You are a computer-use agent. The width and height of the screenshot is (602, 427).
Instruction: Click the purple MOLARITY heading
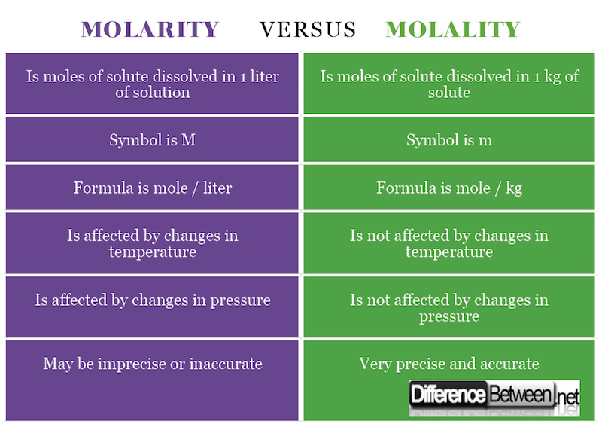(x=150, y=29)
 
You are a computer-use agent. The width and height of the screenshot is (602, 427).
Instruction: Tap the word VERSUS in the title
(x=308, y=29)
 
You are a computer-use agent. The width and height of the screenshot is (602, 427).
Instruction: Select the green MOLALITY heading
(x=453, y=29)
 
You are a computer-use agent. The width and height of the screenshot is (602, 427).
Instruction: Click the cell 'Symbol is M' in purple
(x=152, y=140)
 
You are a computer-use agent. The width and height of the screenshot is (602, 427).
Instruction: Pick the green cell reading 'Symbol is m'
(x=449, y=140)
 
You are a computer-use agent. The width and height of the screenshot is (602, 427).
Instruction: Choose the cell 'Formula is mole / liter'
(x=152, y=188)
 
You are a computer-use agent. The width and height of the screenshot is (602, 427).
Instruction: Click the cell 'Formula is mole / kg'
(x=449, y=188)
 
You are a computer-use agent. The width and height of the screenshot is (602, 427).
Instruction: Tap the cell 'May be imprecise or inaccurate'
(x=152, y=364)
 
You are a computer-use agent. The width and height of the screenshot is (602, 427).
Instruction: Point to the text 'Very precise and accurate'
(x=449, y=364)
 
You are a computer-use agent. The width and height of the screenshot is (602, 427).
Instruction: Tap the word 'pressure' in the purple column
(x=239, y=300)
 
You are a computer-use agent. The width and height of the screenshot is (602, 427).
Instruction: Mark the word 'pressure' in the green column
(x=449, y=316)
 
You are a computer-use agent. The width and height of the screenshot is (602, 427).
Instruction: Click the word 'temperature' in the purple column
(x=152, y=252)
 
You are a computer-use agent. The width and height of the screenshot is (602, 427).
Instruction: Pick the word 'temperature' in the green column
(x=449, y=252)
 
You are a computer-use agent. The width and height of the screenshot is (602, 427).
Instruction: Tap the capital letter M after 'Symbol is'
(x=188, y=140)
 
